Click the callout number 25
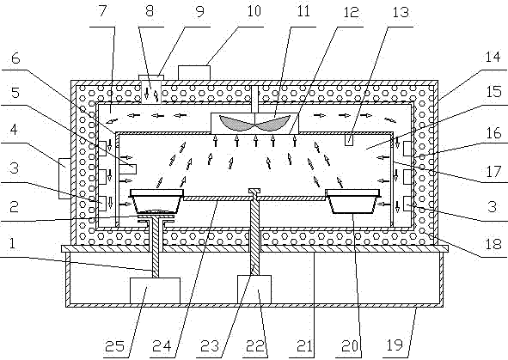114,346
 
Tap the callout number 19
395,345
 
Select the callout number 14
493,58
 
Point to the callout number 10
254,11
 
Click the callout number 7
102,10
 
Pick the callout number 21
305,346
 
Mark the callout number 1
12,243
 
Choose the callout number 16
493,133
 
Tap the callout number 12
351,12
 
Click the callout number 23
210,346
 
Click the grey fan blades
254,123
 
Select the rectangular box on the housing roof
194,73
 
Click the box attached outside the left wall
64,178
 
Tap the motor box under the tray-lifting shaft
155,290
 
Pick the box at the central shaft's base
254,290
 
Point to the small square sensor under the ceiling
349,140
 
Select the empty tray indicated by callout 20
353,201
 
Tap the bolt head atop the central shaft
254,191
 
